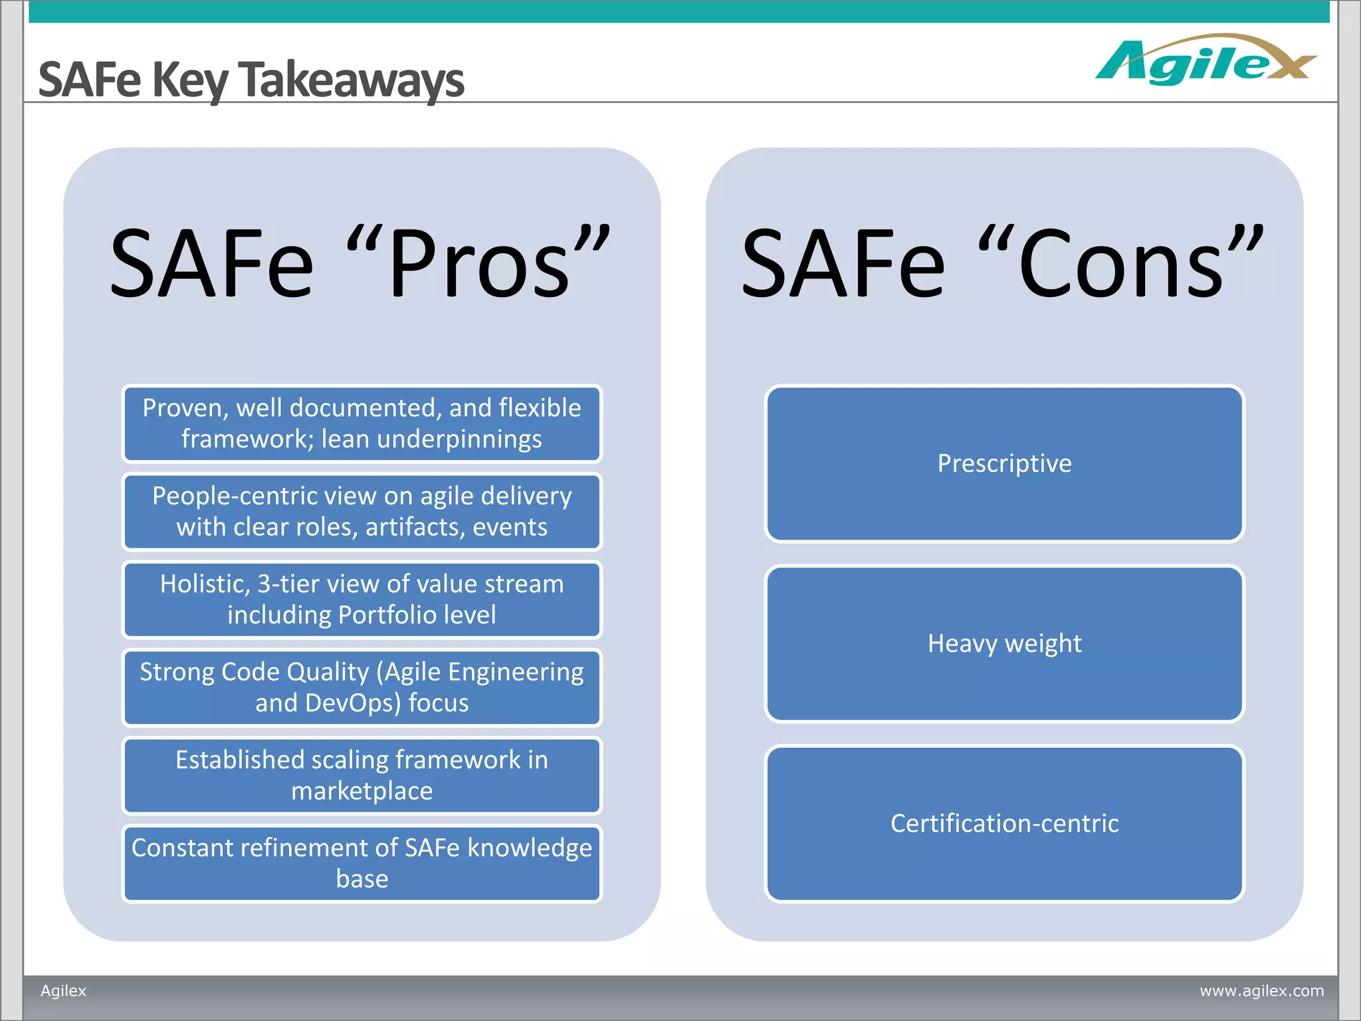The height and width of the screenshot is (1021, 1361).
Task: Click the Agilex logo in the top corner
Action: point(1204,61)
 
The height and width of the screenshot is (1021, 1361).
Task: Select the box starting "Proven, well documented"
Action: point(362,423)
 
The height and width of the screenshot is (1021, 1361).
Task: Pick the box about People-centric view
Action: point(362,511)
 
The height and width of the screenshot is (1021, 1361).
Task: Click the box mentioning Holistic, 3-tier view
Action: point(362,599)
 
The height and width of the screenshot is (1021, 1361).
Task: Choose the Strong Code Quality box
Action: point(362,687)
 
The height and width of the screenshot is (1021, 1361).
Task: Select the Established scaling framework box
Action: point(362,775)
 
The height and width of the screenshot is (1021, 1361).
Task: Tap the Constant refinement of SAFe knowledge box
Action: point(362,863)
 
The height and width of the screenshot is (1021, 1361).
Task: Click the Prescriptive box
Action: point(1004,463)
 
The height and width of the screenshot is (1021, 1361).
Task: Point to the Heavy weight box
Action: point(1004,643)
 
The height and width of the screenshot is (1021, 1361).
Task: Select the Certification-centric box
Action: point(1004,824)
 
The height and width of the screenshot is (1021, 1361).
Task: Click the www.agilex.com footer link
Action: point(1261,990)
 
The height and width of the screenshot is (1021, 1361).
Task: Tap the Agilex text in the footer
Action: point(63,990)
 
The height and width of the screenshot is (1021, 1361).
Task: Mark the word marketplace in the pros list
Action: point(362,791)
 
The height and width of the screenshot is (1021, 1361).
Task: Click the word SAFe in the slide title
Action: point(90,80)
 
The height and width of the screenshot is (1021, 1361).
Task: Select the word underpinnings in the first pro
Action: point(459,439)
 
